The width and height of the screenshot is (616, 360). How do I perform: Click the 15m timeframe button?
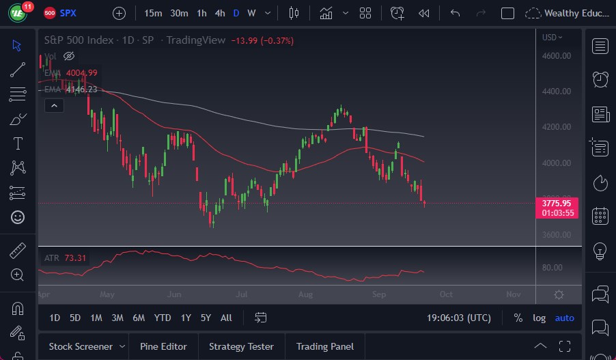(x=153, y=13)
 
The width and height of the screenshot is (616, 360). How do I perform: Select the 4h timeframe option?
(x=219, y=13)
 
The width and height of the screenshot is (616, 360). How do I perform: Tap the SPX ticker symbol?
(x=68, y=13)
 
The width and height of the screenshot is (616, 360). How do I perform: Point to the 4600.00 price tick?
(x=557, y=56)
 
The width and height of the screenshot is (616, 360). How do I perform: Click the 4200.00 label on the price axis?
(x=557, y=127)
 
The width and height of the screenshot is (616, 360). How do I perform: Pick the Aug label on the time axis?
(x=305, y=294)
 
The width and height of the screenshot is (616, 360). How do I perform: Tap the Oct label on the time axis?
(x=446, y=294)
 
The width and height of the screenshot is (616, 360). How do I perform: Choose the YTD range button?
(x=163, y=318)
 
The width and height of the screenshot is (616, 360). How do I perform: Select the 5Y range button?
(x=206, y=318)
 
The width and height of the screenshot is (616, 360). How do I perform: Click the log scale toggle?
(x=540, y=318)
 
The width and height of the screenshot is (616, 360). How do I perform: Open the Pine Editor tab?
(x=163, y=346)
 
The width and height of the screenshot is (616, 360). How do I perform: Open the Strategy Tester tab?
(x=241, y=346)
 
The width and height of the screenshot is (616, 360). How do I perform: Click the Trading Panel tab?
(x=324, y=346)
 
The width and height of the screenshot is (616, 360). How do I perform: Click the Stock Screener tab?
(x=81, y=346)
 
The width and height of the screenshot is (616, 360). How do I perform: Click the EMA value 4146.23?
(x=81, y=89)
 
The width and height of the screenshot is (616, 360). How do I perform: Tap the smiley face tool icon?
(x=18, y=217)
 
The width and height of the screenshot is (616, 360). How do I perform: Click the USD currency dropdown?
(x=552, y=38)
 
